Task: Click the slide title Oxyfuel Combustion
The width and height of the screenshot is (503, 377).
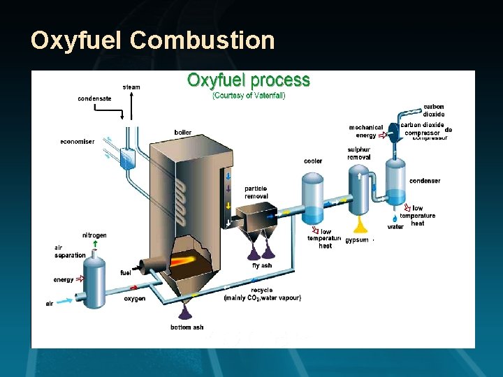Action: tap(152, 40)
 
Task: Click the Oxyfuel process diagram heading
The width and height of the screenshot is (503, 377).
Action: tap(248, 80)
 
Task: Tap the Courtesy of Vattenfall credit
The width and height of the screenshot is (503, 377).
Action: tap(248, 96)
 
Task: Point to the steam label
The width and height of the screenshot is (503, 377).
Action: tap(131, 87)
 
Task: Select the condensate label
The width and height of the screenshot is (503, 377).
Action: tap(94, 98)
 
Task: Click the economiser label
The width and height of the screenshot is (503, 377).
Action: tap(77, 142)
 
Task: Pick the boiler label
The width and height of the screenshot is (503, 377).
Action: tap(183, 133)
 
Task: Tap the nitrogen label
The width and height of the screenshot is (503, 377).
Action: tap(94, 235)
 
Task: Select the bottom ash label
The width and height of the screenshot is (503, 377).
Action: tap(187, 327)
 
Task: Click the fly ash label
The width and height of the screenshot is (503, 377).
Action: tap(262, 265)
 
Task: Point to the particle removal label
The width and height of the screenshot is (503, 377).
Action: tap(256, 193)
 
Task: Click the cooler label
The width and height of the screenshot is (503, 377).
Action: tap(313, 161)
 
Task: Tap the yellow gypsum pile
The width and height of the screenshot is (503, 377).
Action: tap(361, 225)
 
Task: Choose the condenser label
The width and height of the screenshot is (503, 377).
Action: tap(425, 181)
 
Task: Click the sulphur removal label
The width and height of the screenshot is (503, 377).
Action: tap(359, 154)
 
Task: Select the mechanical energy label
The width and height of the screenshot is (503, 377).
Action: tap(366, 131)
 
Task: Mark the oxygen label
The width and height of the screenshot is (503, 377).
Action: tap(135, 299)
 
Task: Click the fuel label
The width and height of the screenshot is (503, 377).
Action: tap(126, 273)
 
